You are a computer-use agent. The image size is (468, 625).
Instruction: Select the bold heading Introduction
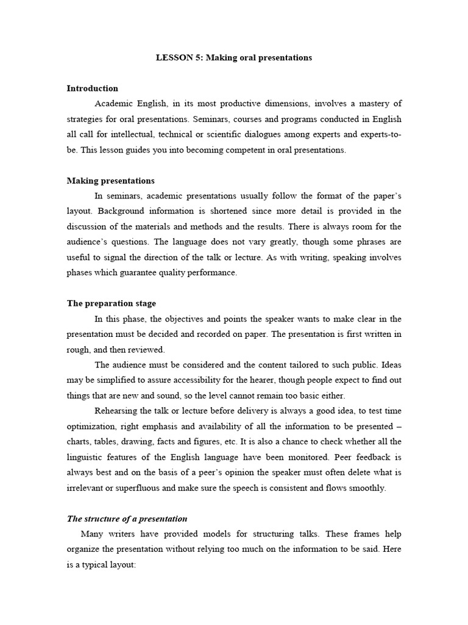tap(92, 89)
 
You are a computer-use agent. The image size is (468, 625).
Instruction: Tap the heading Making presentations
tap(110, 181)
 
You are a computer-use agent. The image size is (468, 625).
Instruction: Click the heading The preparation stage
tap(111, 303)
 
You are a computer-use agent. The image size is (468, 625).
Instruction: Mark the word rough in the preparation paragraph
tap(78, 350)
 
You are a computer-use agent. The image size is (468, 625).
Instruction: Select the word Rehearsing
tap(117, 411)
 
